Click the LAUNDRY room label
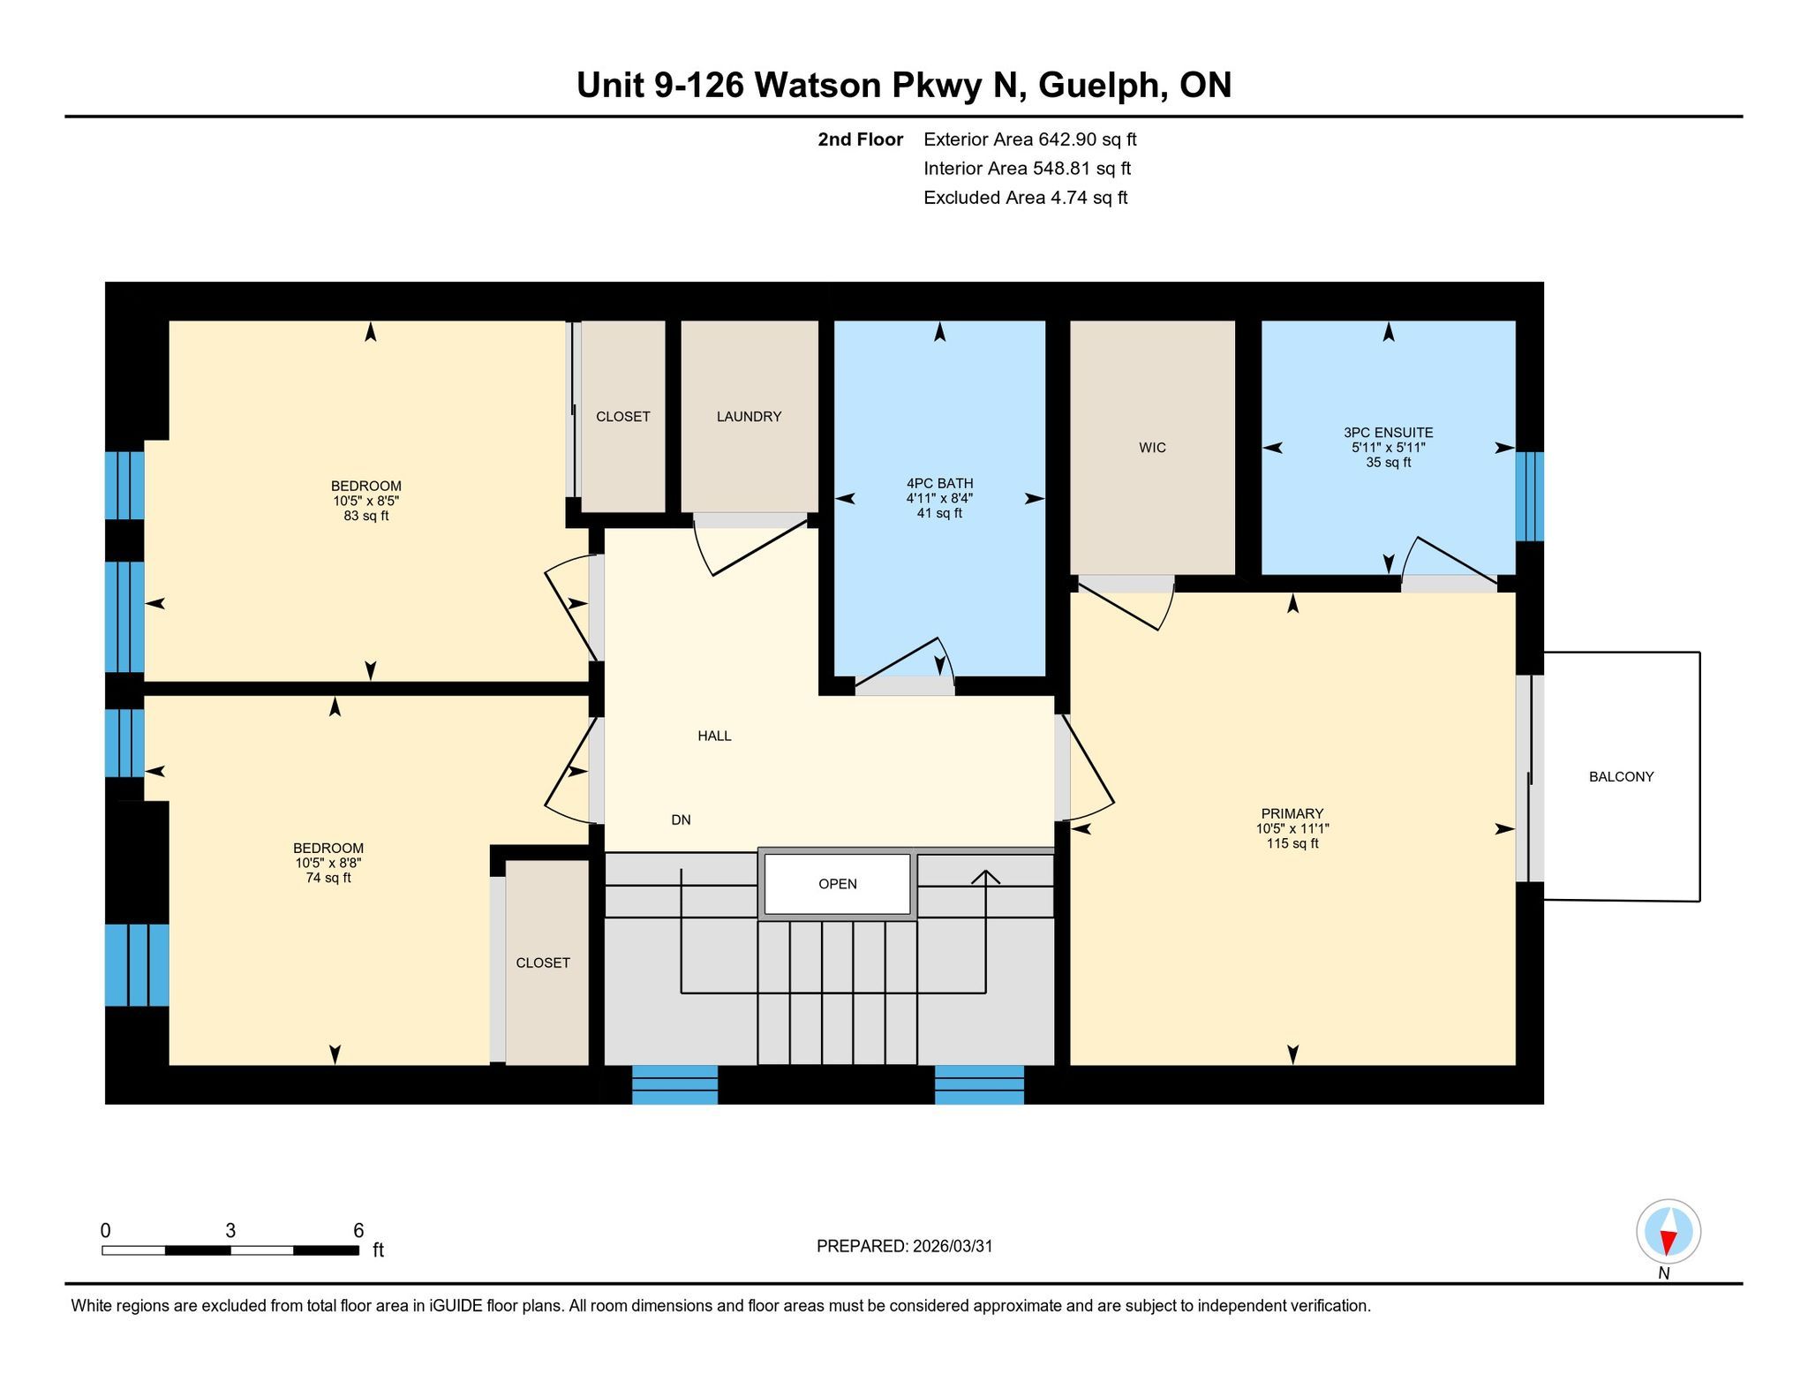point(749,417)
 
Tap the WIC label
point(1152,448)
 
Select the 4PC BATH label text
point(939,483)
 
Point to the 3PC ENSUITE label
point(1388,433)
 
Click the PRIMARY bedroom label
point(1292,813)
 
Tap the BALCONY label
point(1621,777)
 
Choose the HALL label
point(714,736)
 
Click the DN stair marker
point(681,819)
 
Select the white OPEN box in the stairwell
point(837,884)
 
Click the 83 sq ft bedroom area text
point(366,516)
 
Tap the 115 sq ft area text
point(1292,843)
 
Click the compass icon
point(1668,1232)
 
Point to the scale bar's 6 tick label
point(358,1230)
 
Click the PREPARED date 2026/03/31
point(953,1246)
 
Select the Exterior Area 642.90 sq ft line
point(1029,140)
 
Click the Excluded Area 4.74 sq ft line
point(1025,198)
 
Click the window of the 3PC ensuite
point(1530,496)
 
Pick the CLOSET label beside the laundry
point(622,417)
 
